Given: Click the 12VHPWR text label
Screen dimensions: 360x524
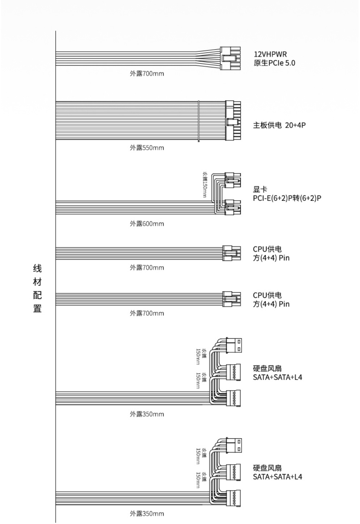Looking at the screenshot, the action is [270, 54].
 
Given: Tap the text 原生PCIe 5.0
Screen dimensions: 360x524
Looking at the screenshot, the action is [274, 63].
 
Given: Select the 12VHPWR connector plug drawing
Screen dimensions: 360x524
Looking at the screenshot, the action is [230, 58].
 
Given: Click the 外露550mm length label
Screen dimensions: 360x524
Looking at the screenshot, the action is [147, 148].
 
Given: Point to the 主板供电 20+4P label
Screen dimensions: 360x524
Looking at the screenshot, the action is [279, 125].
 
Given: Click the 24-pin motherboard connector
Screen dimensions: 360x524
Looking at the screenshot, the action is [233, 121].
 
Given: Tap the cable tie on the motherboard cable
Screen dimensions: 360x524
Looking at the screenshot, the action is [199, 121].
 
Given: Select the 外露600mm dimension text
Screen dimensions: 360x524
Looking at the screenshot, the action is [147, 224].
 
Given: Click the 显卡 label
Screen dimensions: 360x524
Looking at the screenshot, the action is [260, 189].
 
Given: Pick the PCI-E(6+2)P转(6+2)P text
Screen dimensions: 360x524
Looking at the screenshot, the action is [287, 198].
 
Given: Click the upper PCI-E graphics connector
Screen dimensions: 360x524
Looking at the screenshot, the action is [233, 180].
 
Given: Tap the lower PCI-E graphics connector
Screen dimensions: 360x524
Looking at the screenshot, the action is [233, 207].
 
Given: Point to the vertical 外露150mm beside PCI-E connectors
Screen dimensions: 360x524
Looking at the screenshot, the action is [205, 185].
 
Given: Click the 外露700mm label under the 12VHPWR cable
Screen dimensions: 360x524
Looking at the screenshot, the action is [147, 73].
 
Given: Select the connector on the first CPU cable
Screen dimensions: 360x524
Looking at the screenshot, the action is [231, 253].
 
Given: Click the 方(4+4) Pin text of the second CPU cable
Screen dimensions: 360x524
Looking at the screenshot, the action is [271, 304].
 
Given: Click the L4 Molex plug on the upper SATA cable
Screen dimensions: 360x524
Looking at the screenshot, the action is [234, 345].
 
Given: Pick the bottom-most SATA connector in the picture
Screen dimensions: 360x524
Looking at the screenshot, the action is [234, 498].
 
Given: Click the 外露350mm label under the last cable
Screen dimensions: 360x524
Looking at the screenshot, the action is [147, 514].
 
